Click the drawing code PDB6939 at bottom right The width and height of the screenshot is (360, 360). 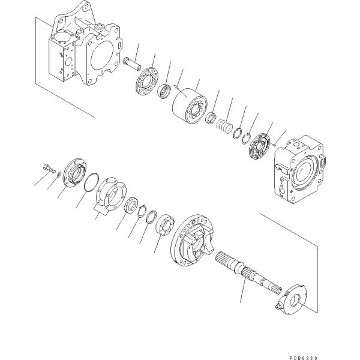303,358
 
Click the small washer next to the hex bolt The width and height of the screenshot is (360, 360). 59,174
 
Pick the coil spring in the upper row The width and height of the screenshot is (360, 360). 225,126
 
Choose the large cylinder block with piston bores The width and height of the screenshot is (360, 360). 190,105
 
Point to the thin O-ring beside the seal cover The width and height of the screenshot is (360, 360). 91,182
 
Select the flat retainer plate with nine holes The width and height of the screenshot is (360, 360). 147,80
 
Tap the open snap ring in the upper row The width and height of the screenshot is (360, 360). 247,139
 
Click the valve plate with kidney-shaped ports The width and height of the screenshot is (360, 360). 260,147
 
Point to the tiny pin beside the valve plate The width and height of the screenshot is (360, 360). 274,144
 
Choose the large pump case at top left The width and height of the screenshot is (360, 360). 85,44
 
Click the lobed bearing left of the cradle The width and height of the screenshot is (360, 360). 164,225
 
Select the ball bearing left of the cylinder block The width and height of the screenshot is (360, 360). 164,91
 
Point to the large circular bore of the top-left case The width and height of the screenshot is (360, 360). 102,56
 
